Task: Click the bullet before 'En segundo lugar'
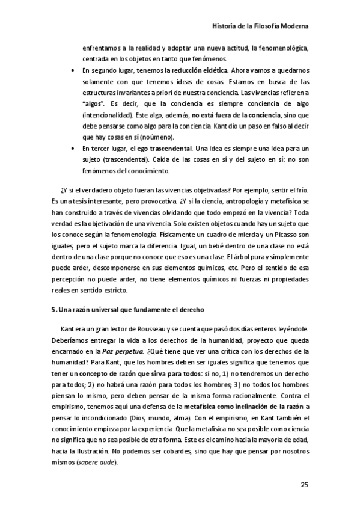pos(73,70)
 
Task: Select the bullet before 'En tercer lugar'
pos(73,148)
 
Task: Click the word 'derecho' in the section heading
pos(192,310)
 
